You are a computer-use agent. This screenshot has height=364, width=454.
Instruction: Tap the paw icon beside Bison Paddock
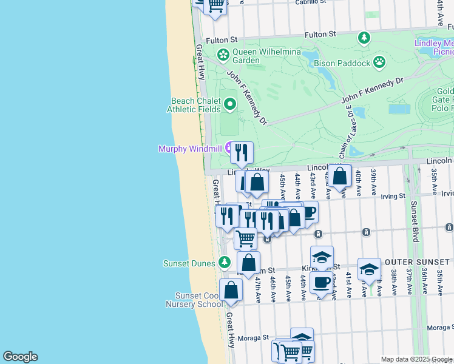pos(379,61)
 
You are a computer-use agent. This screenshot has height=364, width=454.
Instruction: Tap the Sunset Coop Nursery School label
pos(195,300)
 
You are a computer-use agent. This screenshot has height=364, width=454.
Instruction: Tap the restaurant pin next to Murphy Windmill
pos(242,153)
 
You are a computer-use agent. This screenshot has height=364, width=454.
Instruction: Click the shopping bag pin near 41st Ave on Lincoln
pos(340,175)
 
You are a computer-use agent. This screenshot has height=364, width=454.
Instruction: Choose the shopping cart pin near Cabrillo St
pos(215,5)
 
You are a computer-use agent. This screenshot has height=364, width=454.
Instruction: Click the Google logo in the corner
pos(20,357)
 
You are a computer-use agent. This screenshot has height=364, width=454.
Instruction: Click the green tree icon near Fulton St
pos(364,38)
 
